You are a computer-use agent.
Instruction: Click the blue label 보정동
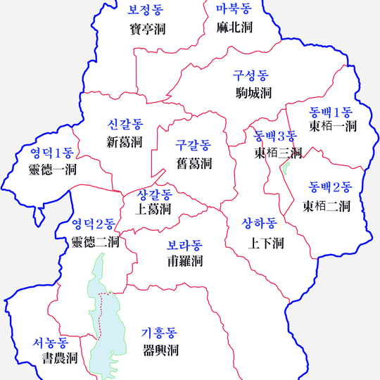(x=145, y=10)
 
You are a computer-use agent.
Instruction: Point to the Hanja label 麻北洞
(x=235, y=27)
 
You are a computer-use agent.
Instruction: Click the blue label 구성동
(x=251, y=75)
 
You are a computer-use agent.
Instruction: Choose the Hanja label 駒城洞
(x=254, y=92)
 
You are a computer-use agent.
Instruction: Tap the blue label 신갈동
(x=125, y=125)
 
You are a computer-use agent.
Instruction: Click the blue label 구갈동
(x=194, y=146)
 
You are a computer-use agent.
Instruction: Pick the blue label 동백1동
(x=331, y=111)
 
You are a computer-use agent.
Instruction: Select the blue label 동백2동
(x=330, y=187)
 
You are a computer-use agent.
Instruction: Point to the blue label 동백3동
(x=274, y=135)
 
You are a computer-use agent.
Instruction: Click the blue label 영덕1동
(x=51, y=151)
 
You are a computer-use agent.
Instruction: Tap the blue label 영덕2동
(x=94, y=224)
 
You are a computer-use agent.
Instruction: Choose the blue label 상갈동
(x=154, y=194)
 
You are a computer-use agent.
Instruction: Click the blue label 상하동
(x=259, y=223)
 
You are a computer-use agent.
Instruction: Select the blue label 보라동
(x=184, y=246)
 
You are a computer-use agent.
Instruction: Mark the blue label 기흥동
(x=159, y=332)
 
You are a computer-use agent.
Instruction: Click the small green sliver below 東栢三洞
(x=286, y=170)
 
